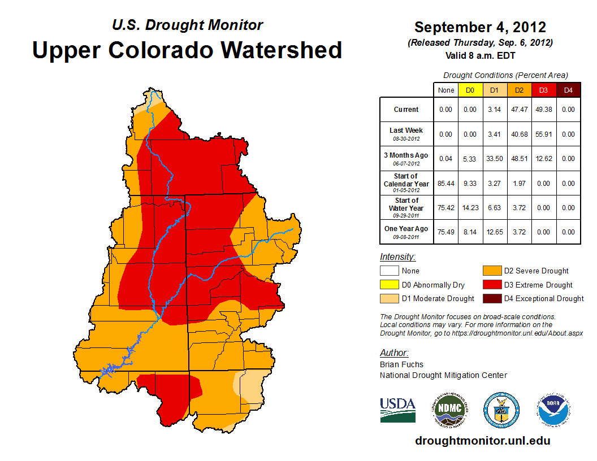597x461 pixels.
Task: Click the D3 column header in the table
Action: point(543,90)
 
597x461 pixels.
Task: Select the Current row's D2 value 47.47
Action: point(519,110)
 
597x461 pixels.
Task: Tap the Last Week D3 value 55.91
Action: point(543,134)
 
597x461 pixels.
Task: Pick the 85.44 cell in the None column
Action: point(445,184)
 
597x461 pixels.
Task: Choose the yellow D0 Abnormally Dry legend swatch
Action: point(389,285)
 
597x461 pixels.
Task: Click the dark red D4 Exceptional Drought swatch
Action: point(491,298)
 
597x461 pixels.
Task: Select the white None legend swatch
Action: point(389,271)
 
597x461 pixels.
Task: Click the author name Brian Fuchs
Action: point(401,364)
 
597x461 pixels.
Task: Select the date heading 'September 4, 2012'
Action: point(480,27)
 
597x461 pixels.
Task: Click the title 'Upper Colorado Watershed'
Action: point(187,50)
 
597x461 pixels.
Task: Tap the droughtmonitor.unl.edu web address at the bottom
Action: point(482,441)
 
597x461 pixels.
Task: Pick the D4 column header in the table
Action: point(568,90)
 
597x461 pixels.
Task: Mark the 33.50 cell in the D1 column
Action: point(494,159)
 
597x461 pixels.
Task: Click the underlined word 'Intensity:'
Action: point(397,257)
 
